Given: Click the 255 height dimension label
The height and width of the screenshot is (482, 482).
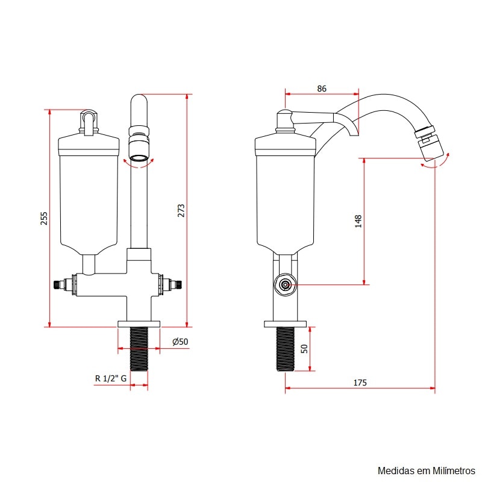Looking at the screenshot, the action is click(44, 218).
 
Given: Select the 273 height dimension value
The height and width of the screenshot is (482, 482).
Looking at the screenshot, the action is click(181, 210).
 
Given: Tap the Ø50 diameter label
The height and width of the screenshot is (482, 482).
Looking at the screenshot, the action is click(180, 342).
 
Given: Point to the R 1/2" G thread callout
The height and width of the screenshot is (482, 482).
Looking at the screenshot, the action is click(111, 378).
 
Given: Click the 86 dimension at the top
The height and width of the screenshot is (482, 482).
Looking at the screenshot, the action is click(322, 89).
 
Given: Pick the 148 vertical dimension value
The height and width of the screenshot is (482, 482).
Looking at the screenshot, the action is click(358, 221).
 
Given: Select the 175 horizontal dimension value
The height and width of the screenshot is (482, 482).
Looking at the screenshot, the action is click(360, 383).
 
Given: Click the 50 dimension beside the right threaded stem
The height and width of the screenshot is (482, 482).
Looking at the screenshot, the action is click(304, 349).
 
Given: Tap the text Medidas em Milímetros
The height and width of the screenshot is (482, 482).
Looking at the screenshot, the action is click(427, 471).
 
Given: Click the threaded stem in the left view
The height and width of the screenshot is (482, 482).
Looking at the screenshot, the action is click(139, 349).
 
